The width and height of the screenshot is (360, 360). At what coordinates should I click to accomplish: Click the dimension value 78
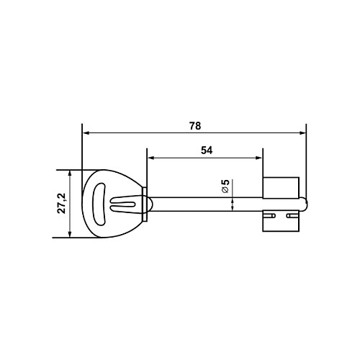point(195,126)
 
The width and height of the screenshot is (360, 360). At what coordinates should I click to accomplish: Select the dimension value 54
point(207,150)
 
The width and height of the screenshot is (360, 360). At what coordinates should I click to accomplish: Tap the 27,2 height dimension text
point(62,203)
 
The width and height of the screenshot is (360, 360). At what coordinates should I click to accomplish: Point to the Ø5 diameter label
point(225,186)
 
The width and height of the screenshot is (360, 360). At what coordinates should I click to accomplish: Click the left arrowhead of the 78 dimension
point(86,133)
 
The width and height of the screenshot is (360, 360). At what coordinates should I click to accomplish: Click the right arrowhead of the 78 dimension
point(302,133)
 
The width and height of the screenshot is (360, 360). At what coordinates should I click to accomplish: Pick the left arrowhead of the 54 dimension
point(150,158)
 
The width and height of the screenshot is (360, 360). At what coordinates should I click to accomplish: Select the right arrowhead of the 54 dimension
point(259,158)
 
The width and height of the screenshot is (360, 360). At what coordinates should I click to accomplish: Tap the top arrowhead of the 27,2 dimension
point(70,174)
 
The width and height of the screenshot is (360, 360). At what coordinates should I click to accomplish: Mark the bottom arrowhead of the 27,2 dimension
point(70,234)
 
